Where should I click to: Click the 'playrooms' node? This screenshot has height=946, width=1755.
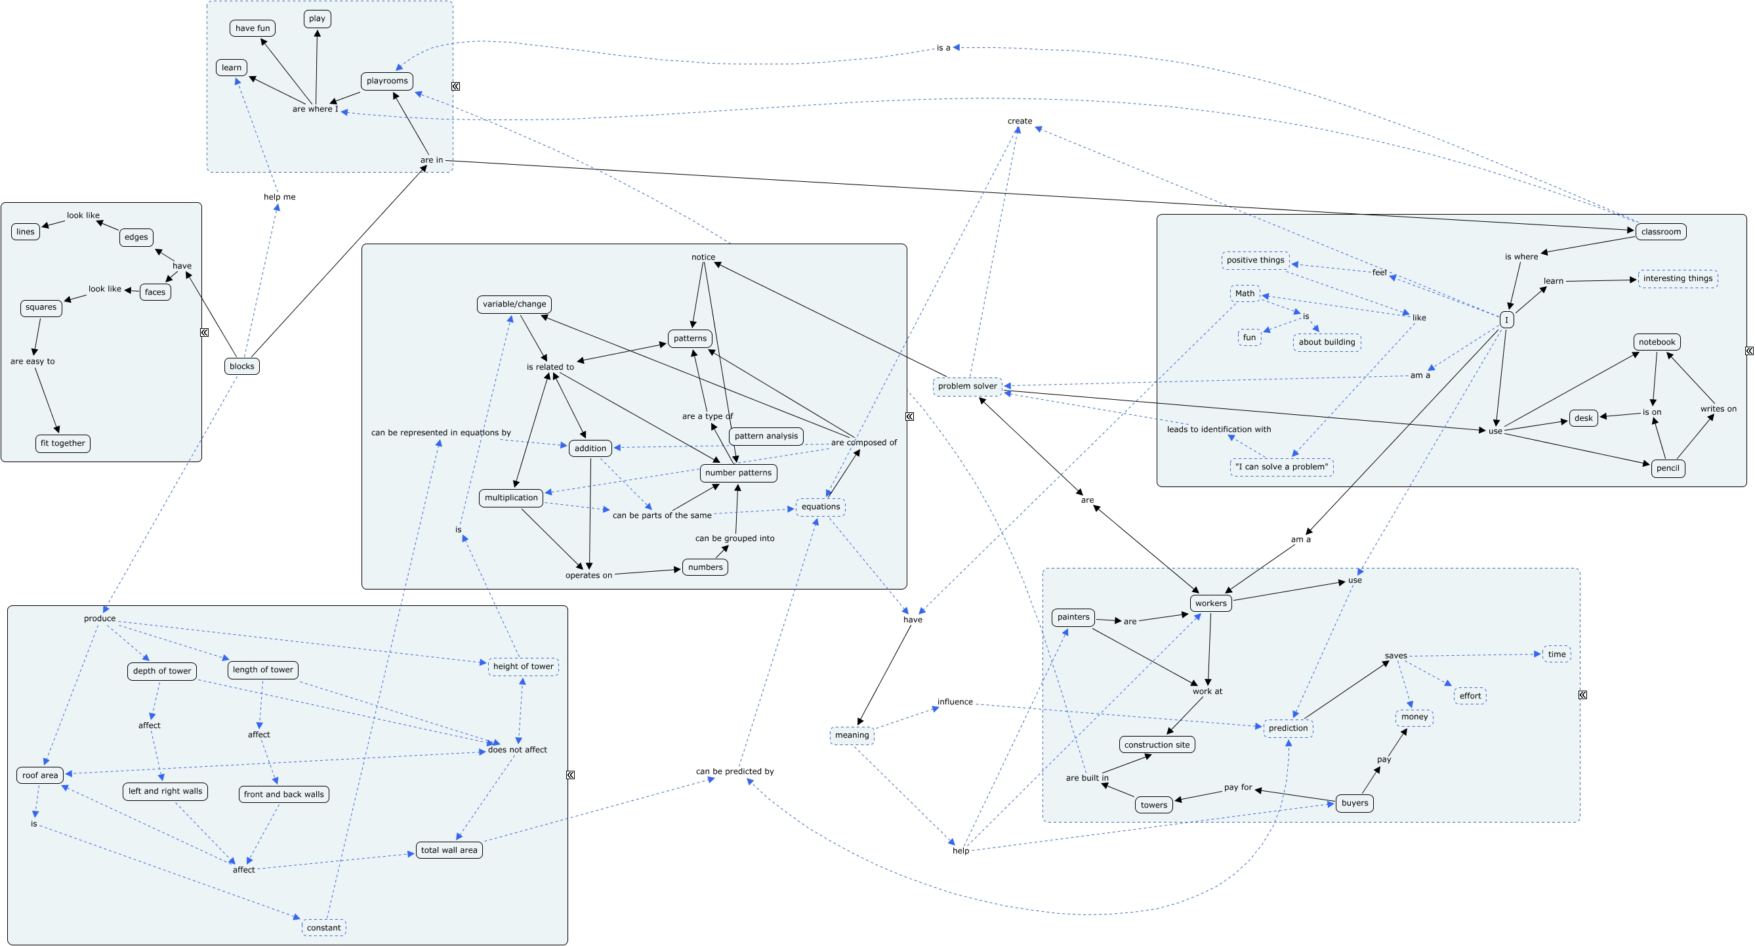pyautogui.click(x=387, y=81)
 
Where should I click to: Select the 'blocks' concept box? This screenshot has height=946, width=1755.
pyautogui.click(x=242, y=366)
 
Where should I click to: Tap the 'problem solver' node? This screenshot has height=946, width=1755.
pyautogui.click(x=968, y=387)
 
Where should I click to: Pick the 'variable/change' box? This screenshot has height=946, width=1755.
pyautogui.click(x=514, y=304)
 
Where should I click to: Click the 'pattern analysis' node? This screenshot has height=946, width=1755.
pyautogui.click(x=766, y=436)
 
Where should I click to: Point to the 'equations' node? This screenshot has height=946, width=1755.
pyautogui.click(x=821, y=507)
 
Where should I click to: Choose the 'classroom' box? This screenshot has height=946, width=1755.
pyautogui.click(x=1661, y=232)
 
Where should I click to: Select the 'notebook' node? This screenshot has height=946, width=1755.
pyautogui.click(x=1657, y=342)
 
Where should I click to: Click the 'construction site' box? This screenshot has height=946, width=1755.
pyautogui.click(x=1157, y=745)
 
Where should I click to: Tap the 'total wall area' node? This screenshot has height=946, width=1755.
pyautogui.click(x=449, y=850)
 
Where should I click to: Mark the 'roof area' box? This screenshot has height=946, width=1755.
pyautogui.click(x=40, y=775)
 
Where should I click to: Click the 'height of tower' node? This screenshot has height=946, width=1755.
pyautogui.click(x=524, y=666)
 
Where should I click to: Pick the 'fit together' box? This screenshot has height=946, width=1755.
pyautogui.click(x=63, y=444)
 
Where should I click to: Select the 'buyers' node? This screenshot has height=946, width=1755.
pyautogui.click(x=1354, y=803)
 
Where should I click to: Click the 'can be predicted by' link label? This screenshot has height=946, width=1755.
pyautogui.click(x=734, y=771)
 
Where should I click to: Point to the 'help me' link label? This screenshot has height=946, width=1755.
pyautogui.click(x=279, y=197)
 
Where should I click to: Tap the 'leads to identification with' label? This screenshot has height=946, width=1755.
pyautogui.click(x=1219, y=429)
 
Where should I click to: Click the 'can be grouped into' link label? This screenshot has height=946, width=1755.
pyautogui.click(x=734, y=538)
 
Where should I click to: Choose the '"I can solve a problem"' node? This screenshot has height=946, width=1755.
pyautogui.click(x=1281, y=467)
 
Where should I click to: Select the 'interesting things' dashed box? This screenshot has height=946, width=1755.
pyautogui.click(x=1678, y=279)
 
